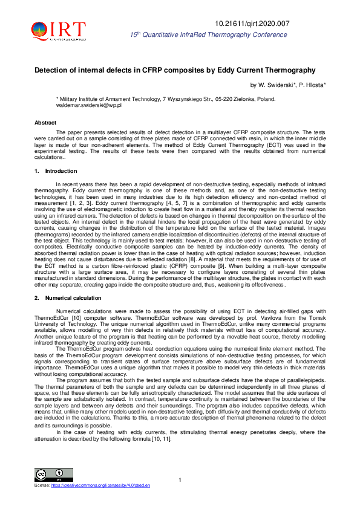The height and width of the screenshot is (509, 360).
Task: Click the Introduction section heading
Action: pos(61,172)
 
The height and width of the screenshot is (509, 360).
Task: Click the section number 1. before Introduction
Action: pos(36,172)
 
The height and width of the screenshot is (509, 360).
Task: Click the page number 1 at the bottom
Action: pos(180,480)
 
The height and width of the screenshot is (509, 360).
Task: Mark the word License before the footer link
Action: pos(42,485)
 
